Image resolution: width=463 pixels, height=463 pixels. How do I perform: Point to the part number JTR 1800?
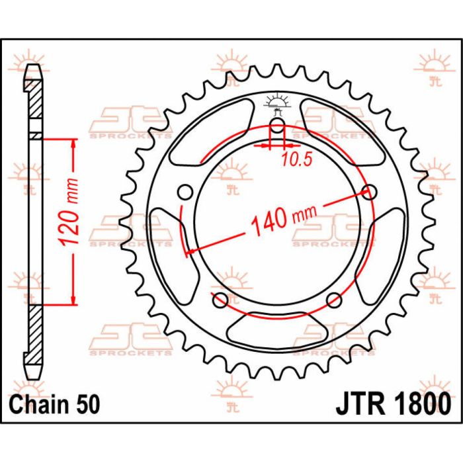pyautogui.click(x=395, y=403)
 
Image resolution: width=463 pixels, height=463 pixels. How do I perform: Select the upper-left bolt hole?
pyautogui.click(x=186, y=192)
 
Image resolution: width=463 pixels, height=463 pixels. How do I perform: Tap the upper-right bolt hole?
pyautogui.click(x=370, y=192)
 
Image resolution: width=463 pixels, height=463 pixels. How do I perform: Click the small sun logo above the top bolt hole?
pyautogui.click(x=277, y=101)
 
